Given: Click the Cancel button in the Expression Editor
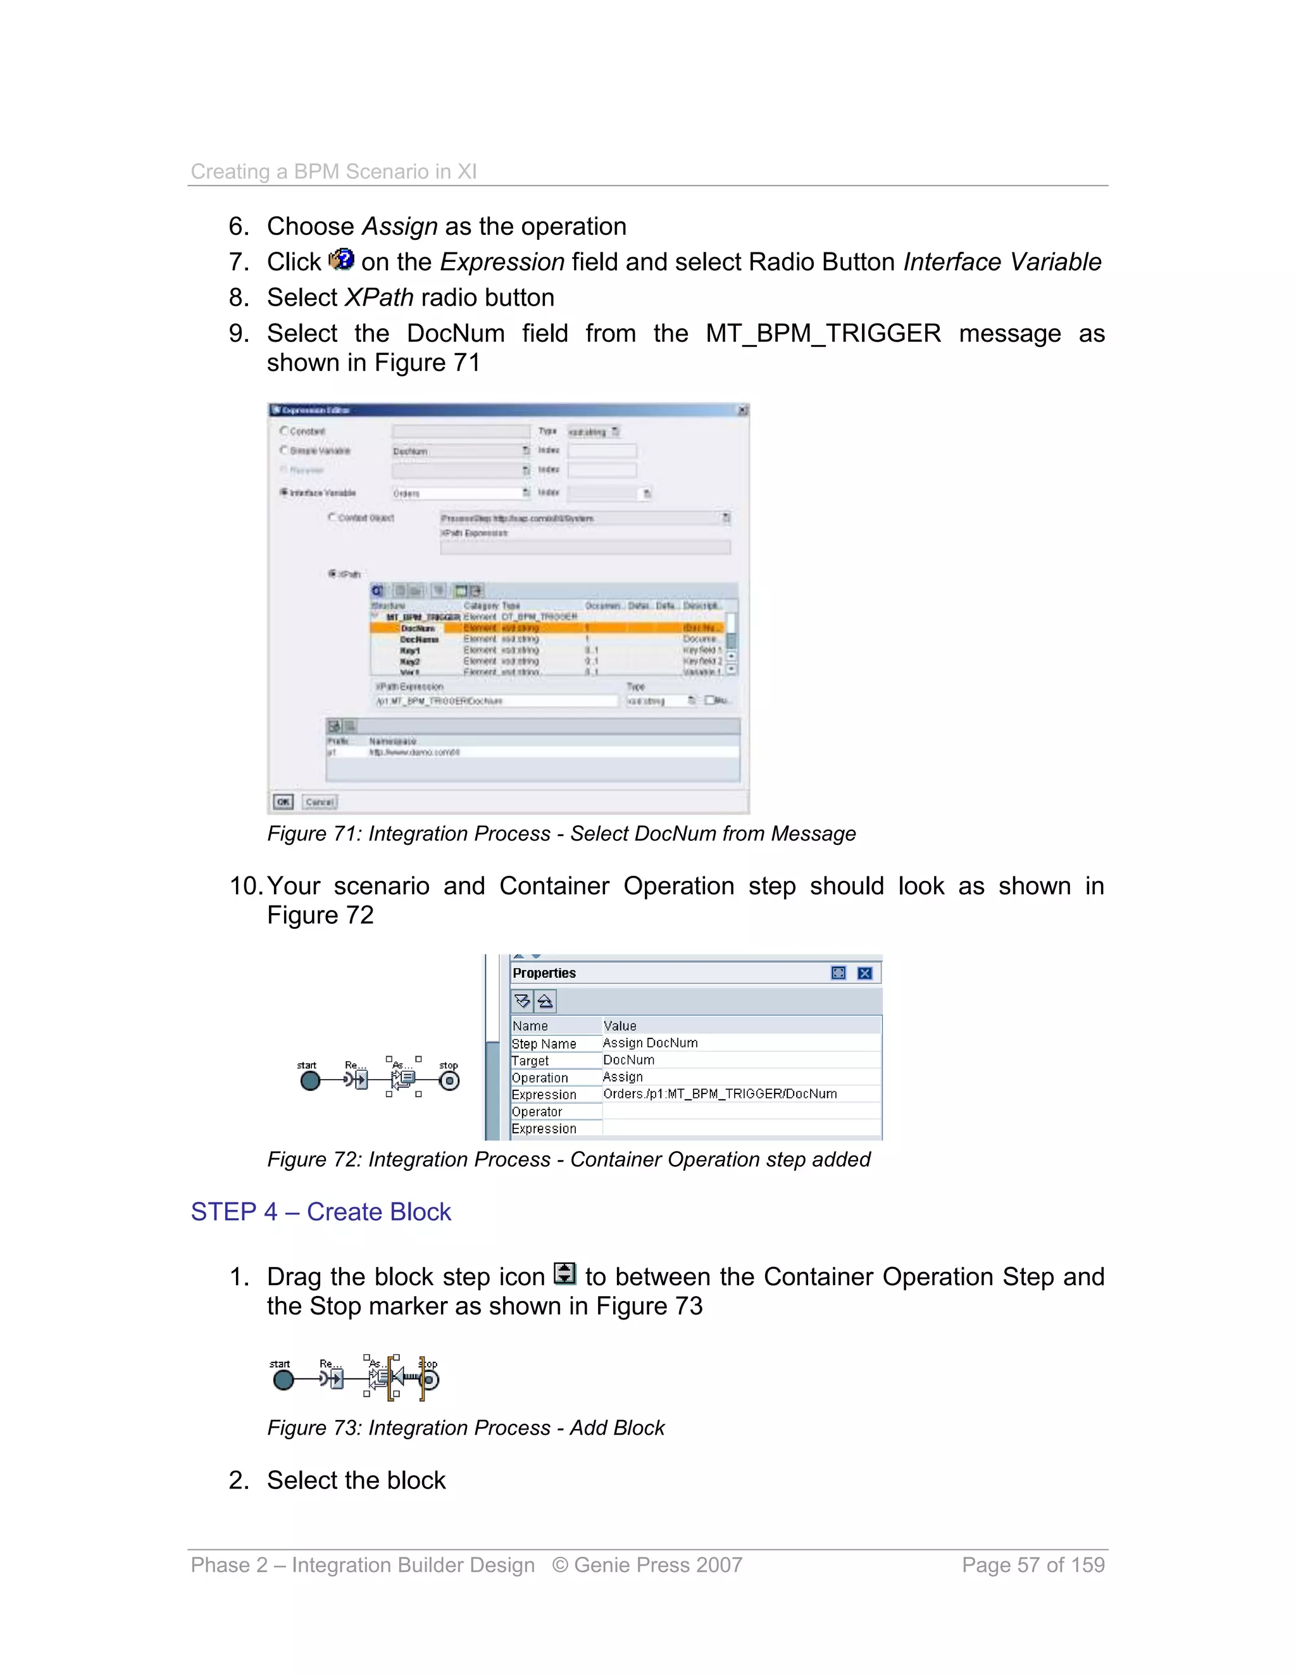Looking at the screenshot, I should pyautogui.click(x=320, y=802).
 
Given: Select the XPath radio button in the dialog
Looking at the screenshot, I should pyautogui.click(x=332, y=573).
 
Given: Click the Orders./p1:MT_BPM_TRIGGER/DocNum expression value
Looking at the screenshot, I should pyautogui.click(x=720, y=1094).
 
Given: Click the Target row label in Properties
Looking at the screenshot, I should pyautogui.click(x=530, y=1061).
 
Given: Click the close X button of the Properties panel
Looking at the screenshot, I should pyautogui.click(x=864, y=973).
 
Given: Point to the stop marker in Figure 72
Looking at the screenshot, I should pyautogui.click(x=449, y=1081).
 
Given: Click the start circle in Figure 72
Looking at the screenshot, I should pyautogui.click(x=310, y=1081).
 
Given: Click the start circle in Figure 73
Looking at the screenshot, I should pyautogui.click(x=283, y=1380).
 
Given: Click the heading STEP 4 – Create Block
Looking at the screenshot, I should pyautogui.click(x=320, y=1212).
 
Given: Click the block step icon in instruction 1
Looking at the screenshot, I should pyautogui.click(x=564, y=1274).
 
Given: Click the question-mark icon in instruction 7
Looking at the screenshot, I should pyautogui.click(x=341, y=260).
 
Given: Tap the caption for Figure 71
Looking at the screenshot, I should pyautogui.click(x=561, y=834).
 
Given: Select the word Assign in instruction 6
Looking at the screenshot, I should pyautogui.click(x=399, y=227).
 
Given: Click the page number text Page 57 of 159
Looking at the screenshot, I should pyautogui.click(x=1033, y=1565).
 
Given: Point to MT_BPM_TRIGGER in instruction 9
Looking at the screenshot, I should pyautogui.click(x=823, y=334).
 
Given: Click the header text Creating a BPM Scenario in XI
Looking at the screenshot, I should pyautogui.click(x=333, y=171).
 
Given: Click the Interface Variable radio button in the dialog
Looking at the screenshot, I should pyautogui.click(x=284, y=492).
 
